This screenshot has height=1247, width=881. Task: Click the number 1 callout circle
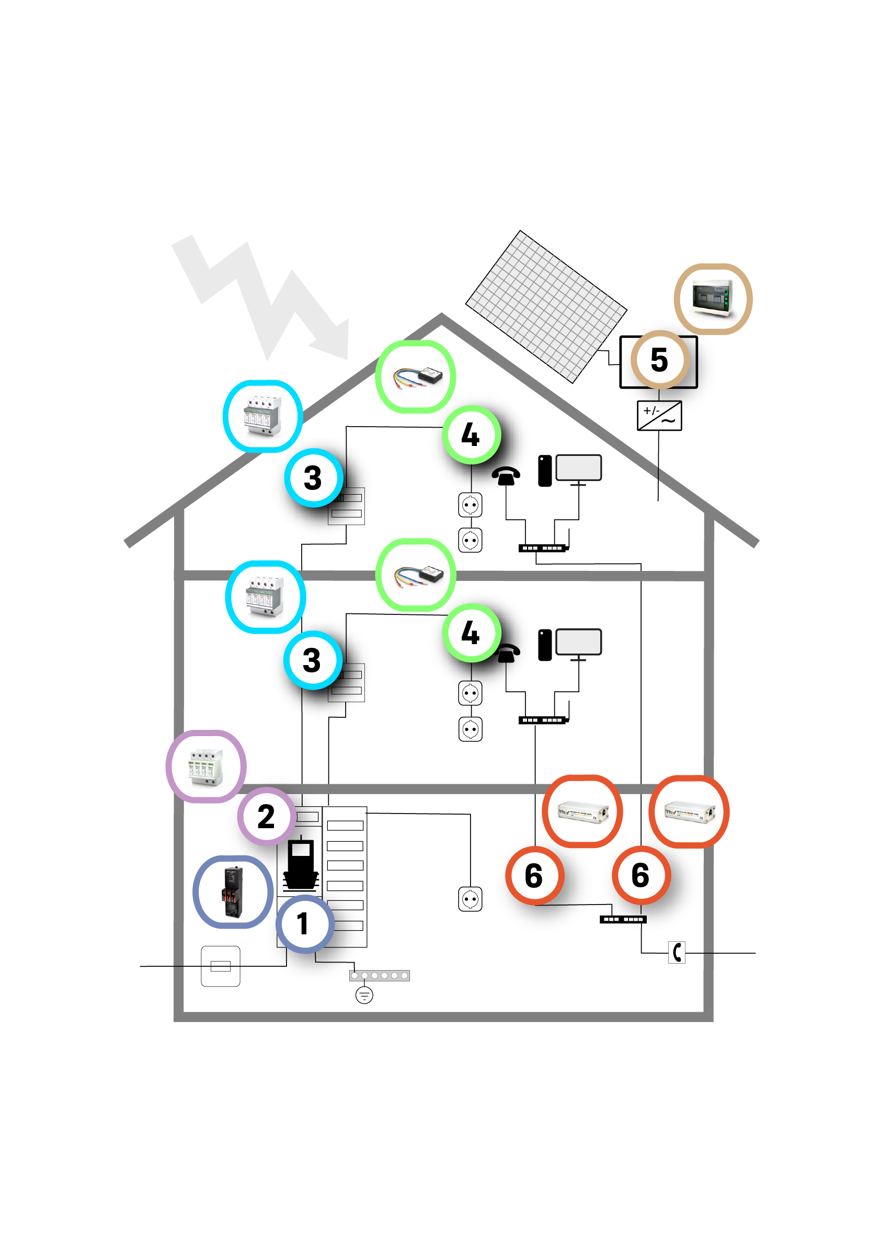pos(305,924)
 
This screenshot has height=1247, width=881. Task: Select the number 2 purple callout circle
pos(266,816)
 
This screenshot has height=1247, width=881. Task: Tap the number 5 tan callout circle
pos(659,360)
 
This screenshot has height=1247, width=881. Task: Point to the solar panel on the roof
pos(546,307)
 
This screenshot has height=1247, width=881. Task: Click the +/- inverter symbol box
pos(659,416)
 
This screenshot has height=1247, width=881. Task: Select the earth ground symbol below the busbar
pos(364,996)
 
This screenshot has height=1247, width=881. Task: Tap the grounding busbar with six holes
pos(379,976)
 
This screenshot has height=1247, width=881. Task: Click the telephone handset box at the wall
pos(676,952)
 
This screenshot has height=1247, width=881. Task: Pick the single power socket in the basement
pos(470,899)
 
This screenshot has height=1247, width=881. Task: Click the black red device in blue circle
pos(233,892)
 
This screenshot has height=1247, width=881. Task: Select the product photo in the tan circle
pos(713,299)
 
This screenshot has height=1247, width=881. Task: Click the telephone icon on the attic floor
pos(506,476)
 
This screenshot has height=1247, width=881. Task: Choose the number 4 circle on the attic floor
pos(471,434)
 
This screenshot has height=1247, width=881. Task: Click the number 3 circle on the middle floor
pos(312,660)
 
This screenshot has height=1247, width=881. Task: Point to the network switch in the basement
pos(623,920)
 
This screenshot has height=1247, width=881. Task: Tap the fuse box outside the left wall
pos(220,966)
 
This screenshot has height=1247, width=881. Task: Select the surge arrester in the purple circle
pos(206,766)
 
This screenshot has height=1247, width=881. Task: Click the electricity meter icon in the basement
pos(300,864)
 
